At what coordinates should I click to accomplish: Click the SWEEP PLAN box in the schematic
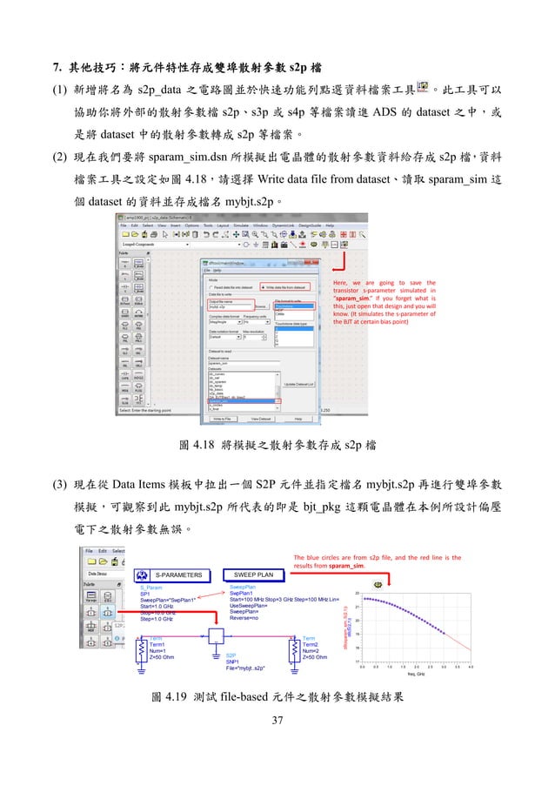(x=253, y=574)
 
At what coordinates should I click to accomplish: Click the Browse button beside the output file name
(x=260, y=306)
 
